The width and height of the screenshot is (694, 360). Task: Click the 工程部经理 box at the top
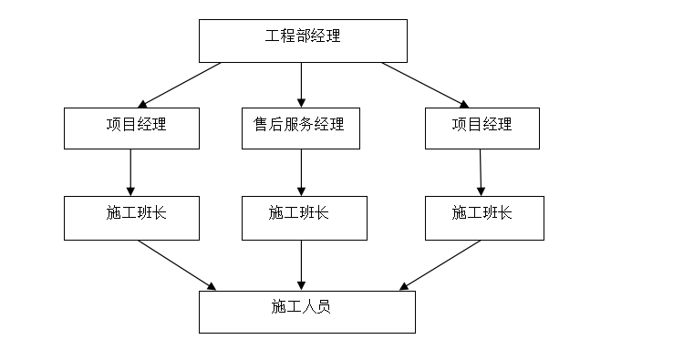point(303,40)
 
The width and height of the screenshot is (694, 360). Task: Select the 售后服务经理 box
point(300,128)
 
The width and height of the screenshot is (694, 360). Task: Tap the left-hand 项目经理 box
point(131,128)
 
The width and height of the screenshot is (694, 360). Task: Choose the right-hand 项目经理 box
point(482,128)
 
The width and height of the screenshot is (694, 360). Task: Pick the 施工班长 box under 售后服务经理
point(304,218)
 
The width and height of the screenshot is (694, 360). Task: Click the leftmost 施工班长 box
point(131,218)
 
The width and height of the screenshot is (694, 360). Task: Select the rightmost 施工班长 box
point(484,218)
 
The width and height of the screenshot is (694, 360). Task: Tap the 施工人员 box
point(307,312)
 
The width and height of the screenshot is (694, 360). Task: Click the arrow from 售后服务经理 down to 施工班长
point(302,171)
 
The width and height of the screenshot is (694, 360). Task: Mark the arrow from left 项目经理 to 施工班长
point(131,171)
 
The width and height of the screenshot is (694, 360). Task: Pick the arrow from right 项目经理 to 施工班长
point(482,171)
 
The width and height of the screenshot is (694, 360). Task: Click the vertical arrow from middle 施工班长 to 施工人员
point(302,265)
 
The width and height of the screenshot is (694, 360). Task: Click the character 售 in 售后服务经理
point(261,124)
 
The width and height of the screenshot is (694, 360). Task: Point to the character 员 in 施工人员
point(324,307)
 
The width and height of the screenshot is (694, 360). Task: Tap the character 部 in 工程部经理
point(303,37)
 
